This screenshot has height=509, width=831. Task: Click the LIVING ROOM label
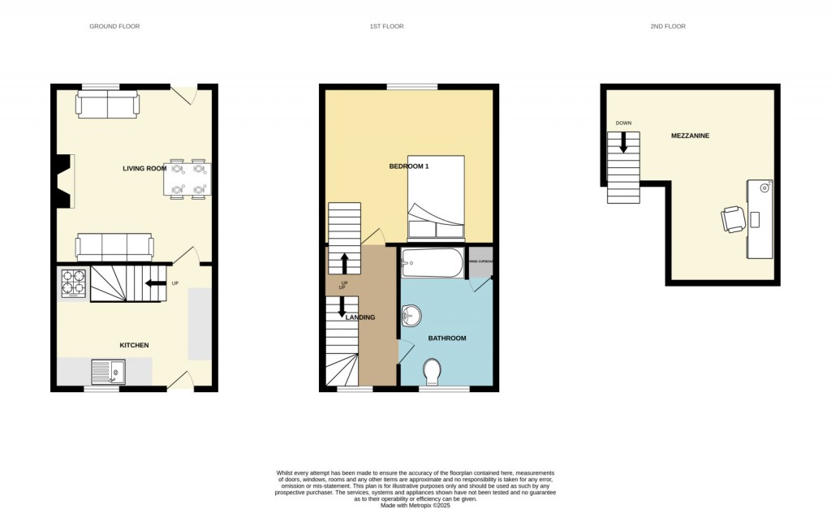click(144, 169)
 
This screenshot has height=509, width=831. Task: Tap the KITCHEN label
click(135, 345)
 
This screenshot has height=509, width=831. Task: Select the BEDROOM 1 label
click(409, 166)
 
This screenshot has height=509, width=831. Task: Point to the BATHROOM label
click(448, 338)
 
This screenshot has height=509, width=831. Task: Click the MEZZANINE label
click(690, 136)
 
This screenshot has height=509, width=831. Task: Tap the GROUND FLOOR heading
click(114, 27)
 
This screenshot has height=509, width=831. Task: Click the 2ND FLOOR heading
click(668, 27)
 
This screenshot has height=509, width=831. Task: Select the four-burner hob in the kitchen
click(73, 282)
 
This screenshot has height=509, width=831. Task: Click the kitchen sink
click(108, 373)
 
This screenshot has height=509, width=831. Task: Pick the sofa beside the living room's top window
click(108, 105)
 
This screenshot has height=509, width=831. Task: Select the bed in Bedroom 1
click(436, 197)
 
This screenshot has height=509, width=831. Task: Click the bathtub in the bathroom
click(433, 263)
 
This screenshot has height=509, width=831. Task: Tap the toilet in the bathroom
click(433, 373)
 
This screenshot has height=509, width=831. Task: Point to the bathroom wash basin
click(411, 314)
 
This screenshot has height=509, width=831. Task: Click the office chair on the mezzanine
click(732, 218)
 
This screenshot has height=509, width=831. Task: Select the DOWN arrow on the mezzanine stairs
click(623, 142)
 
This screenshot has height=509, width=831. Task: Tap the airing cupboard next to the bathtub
click(480, 261)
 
